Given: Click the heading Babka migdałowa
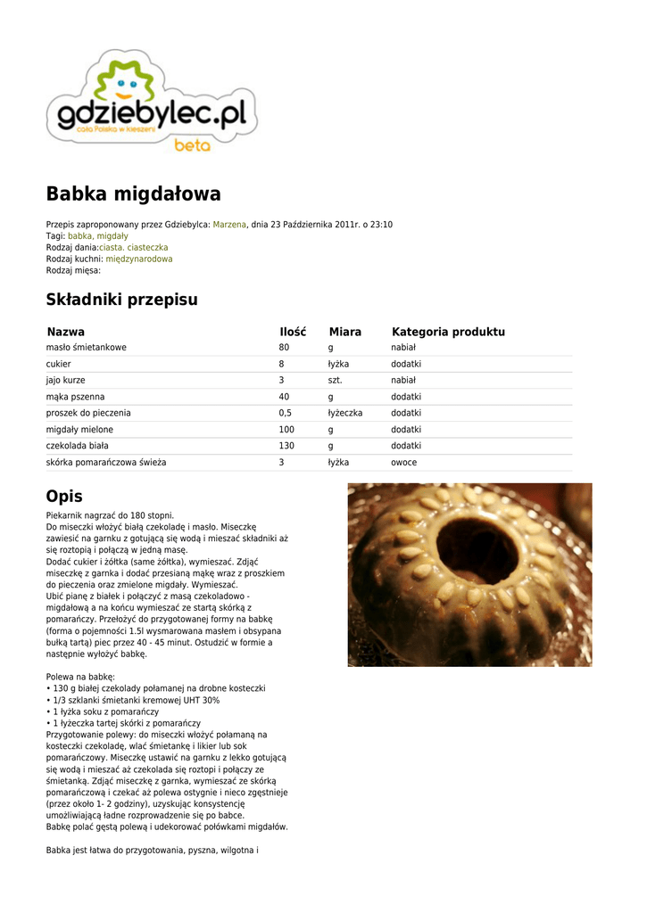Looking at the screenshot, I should (133, 193).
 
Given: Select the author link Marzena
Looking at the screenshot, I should (229, 225).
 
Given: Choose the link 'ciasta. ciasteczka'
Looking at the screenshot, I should (133, 248).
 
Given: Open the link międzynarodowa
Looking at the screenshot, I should (139, 259).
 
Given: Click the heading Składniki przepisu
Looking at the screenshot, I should (121, 300).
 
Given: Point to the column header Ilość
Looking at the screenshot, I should (293, 332).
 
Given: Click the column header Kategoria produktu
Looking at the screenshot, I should (448, 332).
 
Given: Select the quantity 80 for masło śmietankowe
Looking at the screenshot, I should (284, 347).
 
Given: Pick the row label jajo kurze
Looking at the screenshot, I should (66, 380).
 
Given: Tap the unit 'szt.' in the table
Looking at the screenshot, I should (335, 380).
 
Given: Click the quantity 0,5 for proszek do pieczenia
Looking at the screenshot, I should (286, 413).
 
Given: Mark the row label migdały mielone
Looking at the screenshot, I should (79, 430).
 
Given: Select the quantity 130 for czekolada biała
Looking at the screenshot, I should (286, 446).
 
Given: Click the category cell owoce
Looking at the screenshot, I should (403, 463).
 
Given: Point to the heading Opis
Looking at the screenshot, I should (64, 497).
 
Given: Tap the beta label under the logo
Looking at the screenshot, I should (192, 145).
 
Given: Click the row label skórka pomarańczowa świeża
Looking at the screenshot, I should (106, 463).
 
